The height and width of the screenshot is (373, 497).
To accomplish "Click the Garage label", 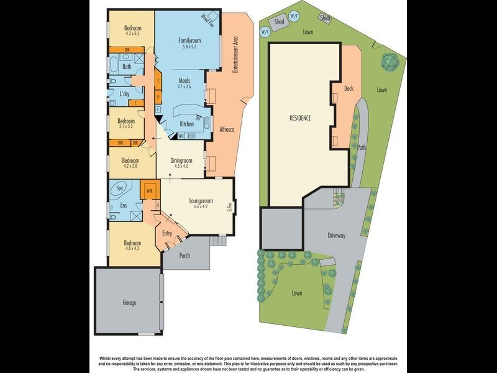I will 125,303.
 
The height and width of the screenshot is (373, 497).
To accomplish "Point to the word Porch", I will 185,256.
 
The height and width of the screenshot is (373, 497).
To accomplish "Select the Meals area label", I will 185,80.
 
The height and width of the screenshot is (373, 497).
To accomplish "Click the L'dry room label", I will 124,94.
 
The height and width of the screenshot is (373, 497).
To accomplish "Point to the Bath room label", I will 127,67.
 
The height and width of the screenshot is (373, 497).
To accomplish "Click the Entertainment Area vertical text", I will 236,55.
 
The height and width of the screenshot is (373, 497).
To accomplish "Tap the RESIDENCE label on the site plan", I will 300,117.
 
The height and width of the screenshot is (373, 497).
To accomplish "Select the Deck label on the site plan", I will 349,88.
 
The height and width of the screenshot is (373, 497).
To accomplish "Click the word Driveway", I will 340,236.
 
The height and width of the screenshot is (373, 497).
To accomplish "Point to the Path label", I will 362,147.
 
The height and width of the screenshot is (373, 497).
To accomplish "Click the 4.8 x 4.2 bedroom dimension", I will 132,249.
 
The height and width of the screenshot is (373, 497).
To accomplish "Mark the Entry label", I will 167,233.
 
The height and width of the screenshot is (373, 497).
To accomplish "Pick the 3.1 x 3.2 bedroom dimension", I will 127,126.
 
